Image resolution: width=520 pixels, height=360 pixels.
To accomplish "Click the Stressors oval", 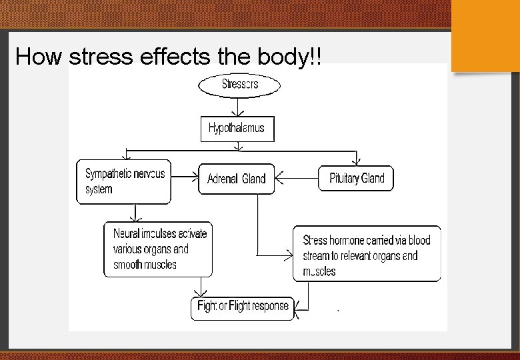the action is [x=239, y=85].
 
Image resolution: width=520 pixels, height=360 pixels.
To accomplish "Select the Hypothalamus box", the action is [x=237, y=128].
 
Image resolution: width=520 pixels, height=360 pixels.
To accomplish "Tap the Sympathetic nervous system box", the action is [x=124, y=181].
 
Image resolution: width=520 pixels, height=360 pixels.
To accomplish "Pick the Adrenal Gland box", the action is [x=236, y=179].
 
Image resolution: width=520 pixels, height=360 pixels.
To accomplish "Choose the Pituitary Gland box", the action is [x=356, y=178].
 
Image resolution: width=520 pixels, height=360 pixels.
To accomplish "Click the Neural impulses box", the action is [x=159, y=249].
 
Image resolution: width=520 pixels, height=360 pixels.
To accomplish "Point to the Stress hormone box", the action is [x=367, y=254].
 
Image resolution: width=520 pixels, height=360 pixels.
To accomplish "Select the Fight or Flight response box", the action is [x=243, y=307].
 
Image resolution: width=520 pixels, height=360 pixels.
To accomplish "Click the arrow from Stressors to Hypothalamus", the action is [x=237, y=108].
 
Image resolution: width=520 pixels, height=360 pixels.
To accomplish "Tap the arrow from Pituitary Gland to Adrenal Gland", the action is [x=297, y=178].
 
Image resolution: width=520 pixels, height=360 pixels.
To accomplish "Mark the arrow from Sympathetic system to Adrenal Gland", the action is [x=185, y=178].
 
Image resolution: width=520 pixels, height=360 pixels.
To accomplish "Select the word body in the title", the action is [x=283, y=57].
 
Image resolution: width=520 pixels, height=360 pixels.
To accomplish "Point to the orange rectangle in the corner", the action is [x=485, y=35].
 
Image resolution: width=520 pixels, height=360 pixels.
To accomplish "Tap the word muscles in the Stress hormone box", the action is [x=319, y=271].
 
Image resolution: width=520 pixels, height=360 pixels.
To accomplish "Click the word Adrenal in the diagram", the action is [x=223, y=179].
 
